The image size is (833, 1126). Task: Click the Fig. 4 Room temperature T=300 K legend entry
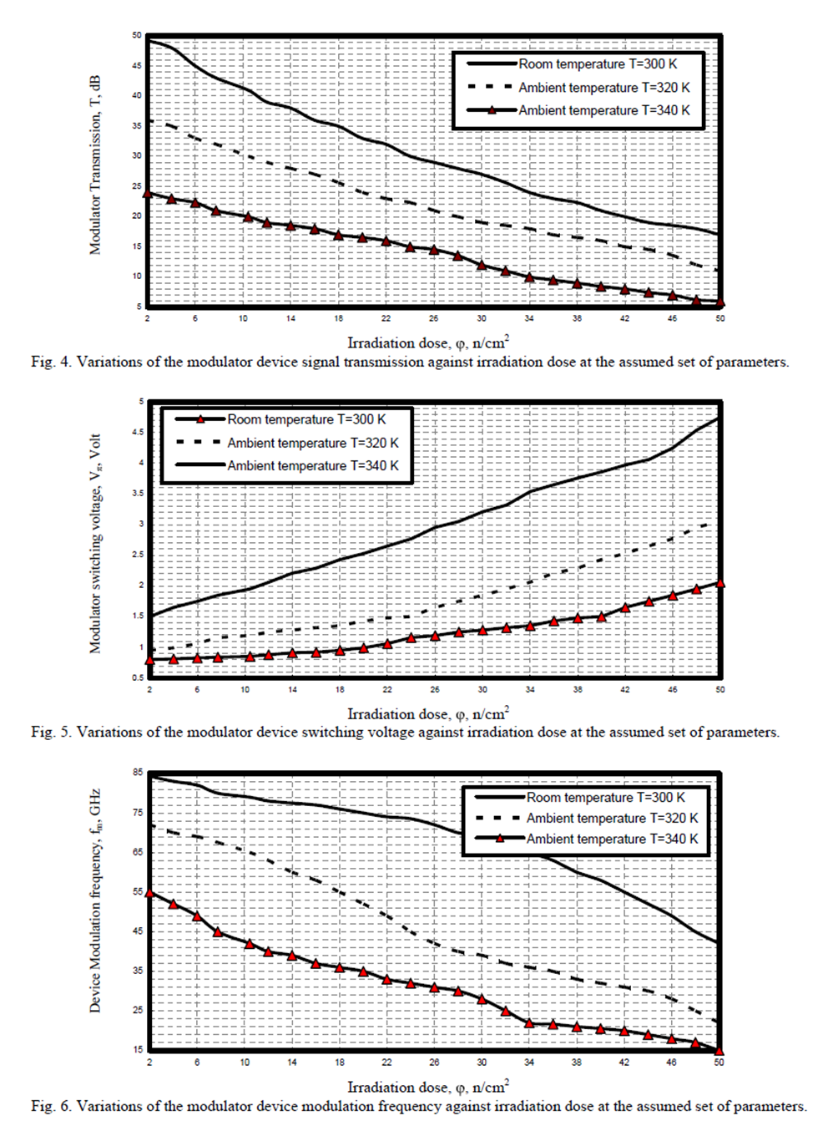coord(597,64)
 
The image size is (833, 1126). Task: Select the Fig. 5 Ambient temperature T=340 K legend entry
coord(312,465)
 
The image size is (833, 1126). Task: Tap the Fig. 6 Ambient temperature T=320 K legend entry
coord(611,818)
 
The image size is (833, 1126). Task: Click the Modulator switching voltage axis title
coord(95,543)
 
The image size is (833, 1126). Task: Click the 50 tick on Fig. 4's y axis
coord(137,36)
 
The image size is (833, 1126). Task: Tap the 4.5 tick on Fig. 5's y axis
coord(138,432)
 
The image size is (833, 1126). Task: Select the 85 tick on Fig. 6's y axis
coord(138,773)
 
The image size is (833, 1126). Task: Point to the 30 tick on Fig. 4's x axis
coord(482,318)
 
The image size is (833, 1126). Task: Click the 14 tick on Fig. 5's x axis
coord(292,689)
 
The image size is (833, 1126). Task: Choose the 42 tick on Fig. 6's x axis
coord(623,1062)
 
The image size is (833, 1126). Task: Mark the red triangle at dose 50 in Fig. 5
coord(720,584)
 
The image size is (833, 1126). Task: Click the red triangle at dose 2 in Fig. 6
coord(149,893)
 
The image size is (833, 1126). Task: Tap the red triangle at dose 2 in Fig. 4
coord(148,194)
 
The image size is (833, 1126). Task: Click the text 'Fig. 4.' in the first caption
coord(51,362)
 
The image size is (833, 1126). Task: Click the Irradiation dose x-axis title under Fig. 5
coord(427,714)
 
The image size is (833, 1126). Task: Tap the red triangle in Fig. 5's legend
coord(200,419)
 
